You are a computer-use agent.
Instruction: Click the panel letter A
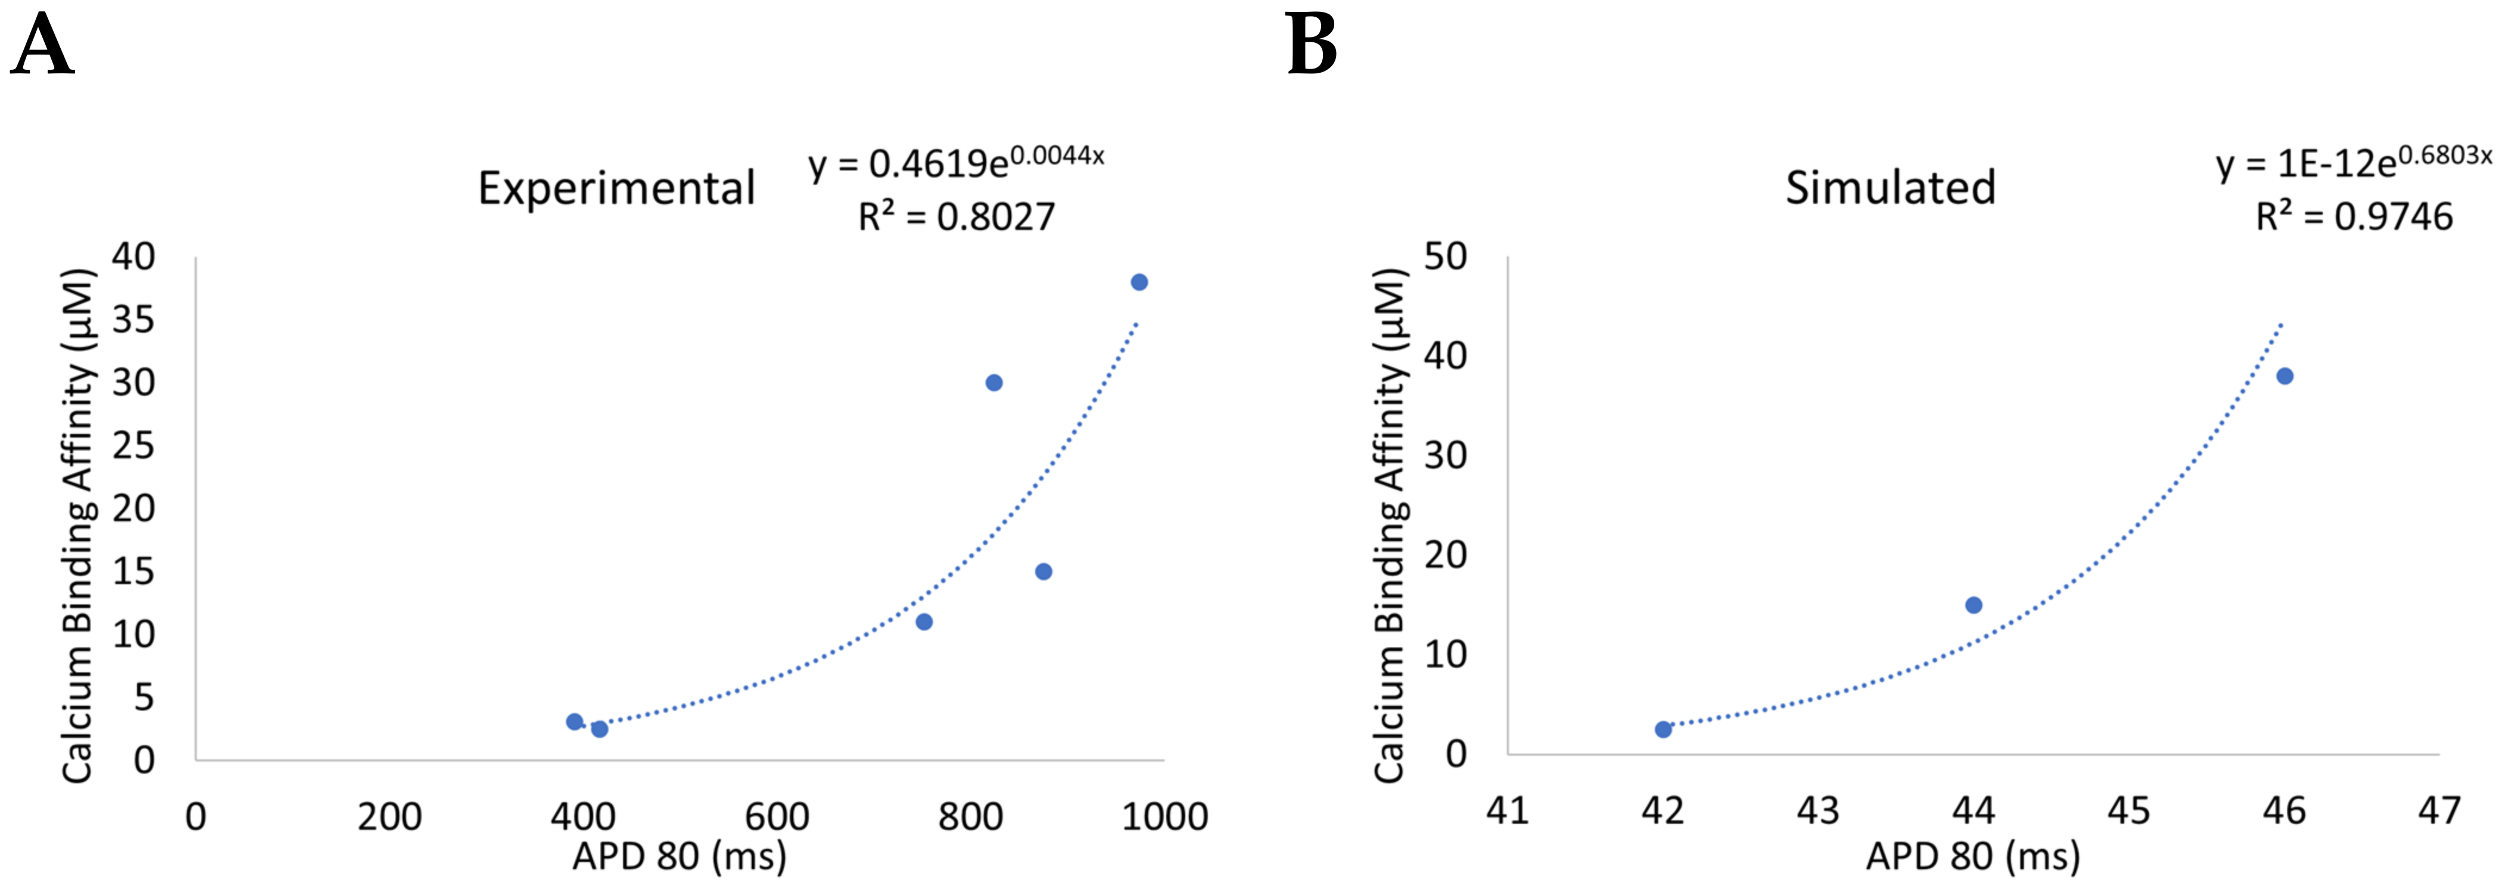pyautogui.click(x=43, y=46)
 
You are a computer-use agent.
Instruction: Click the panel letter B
pyautogui.click(x=1312, y=46)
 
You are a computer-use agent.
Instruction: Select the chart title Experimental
pyautogui.click(x=616, y=188)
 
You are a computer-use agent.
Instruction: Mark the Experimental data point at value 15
pyautogui.click(x=1043, y=572)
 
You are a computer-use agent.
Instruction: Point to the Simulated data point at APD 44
pyautogui.click(x=1973, y=605)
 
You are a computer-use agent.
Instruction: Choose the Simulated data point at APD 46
pyautogui.click(x=2284, y=376)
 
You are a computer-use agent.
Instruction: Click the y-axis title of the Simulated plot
pyautogui.click(x=1389, y=525)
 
